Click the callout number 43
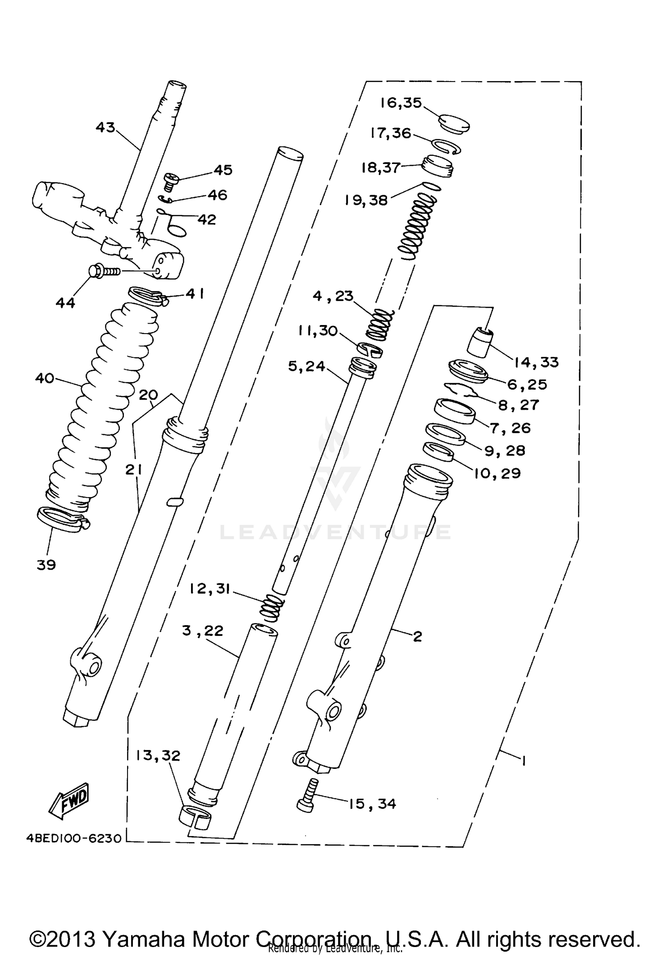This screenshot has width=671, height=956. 106,128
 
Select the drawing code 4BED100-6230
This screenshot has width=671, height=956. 74,838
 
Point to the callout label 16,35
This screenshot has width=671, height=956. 401,103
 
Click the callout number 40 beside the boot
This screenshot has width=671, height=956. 45,378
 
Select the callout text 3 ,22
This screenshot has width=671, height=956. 203,630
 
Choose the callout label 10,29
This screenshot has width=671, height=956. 497,473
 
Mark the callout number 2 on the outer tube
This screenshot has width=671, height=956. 417,636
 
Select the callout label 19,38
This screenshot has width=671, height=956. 366,200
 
